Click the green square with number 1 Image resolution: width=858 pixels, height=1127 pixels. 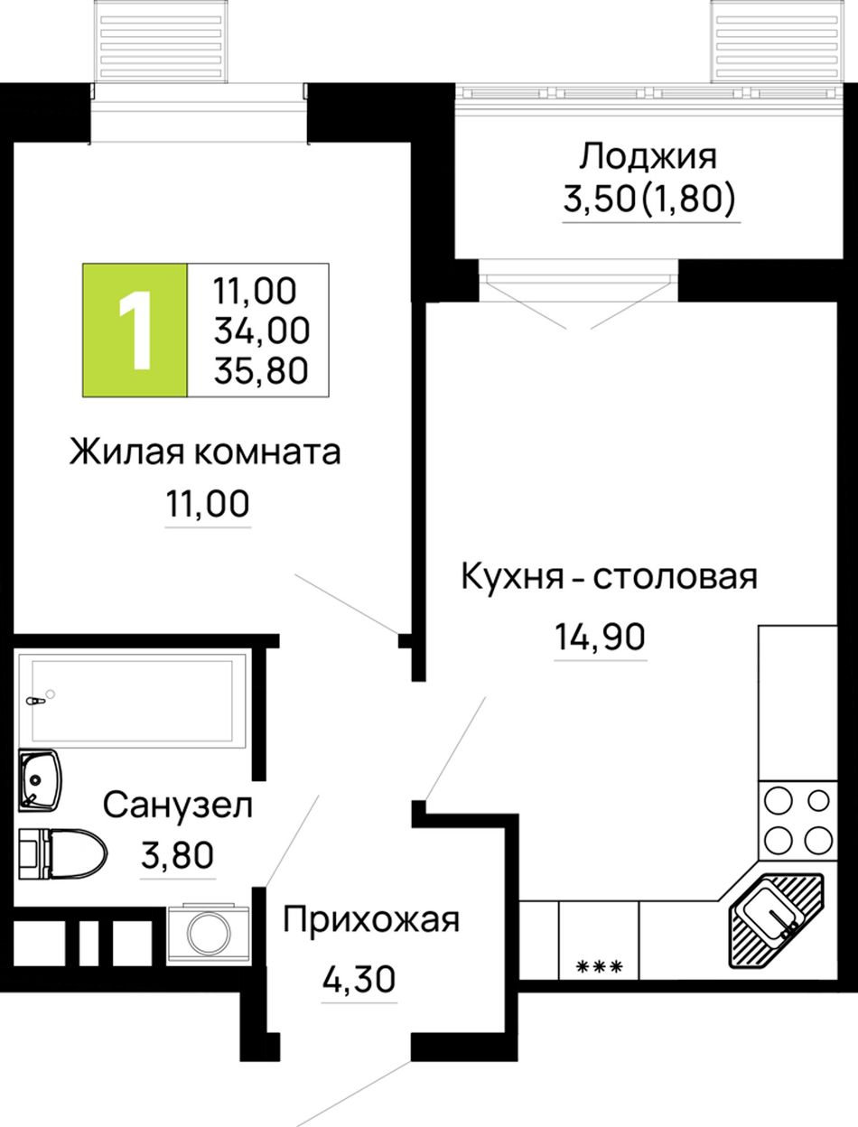[x=135, y=331]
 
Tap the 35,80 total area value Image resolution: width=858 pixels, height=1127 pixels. [x=261, y=371]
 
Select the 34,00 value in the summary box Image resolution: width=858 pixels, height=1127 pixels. [x=262, y=331]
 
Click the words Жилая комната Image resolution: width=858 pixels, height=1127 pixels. [x=205, y=452]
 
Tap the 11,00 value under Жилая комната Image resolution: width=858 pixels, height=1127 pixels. [x=208, y=503]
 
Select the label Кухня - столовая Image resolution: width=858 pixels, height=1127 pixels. [x=610, y=576]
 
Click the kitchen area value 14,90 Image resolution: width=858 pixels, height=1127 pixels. [x=600, y=638]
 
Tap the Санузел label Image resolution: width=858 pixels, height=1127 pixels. [x=178, y=806]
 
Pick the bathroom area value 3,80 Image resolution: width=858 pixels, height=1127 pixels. [x=177, y=855]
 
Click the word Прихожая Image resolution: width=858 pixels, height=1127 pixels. [x=371, y=919]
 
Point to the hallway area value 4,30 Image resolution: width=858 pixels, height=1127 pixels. [x=359, y=979]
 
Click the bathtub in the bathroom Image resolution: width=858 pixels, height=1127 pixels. [x=133, y=701]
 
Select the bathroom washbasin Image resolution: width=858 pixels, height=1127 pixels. [x=40, y=781]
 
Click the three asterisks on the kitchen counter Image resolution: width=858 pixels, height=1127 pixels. [x=599, y=967]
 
